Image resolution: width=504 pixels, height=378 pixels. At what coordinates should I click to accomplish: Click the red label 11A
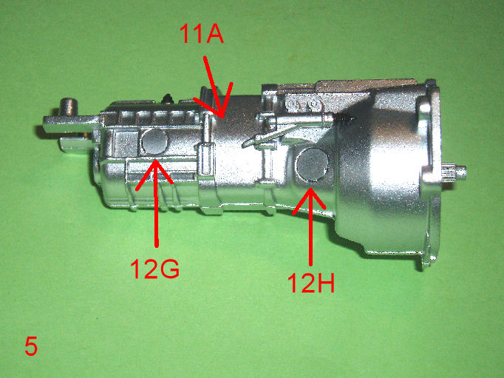tap(201, 33)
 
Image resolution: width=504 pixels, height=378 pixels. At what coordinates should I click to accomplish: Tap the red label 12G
tap(154, 269)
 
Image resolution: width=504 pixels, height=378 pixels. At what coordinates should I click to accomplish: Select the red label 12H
tap(310, 283)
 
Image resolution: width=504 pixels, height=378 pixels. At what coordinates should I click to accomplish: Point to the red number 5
tap(31, 346)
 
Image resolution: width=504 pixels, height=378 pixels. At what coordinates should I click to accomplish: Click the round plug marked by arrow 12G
tap(155, 141)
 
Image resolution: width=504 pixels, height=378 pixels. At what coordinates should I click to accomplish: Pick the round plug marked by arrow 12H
tap(313, 165)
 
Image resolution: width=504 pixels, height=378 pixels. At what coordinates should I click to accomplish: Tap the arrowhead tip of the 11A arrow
tap(222, 116)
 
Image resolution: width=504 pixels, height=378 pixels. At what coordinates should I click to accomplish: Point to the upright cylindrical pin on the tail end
tap(69, 107)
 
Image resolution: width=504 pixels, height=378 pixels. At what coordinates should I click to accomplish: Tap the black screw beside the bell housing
tap(344, 119)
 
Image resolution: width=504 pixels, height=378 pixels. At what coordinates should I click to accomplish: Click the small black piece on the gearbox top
tap(168, 99)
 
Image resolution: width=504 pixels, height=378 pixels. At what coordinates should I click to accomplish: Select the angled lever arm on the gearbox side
tap(273, 133)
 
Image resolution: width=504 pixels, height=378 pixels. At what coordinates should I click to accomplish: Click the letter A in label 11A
tap(213, 34)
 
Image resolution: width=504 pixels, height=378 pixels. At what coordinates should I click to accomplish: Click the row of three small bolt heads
tap(303, 104)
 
